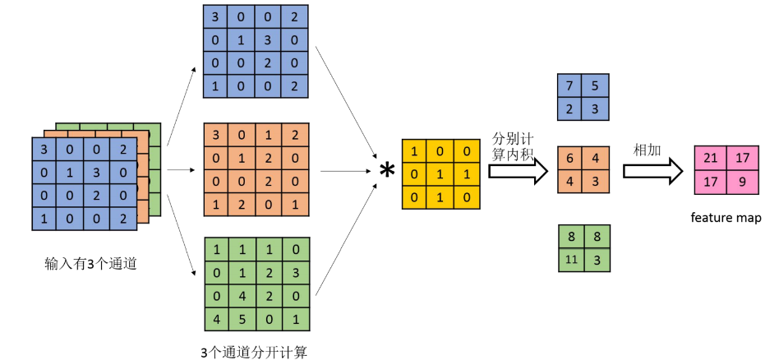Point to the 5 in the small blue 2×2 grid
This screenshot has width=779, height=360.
click(x=597, y=85)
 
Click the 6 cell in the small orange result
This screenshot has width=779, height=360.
click(x=571, y=159)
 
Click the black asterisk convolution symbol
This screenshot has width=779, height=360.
click(x=385, y=173)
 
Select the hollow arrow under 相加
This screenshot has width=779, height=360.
click(x=652, y=171)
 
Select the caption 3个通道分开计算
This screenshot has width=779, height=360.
click(x=256, y=352)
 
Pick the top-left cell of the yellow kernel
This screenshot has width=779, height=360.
click(x=413, y=151)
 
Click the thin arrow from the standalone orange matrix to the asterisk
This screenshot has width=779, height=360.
click(x=345, y=171)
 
